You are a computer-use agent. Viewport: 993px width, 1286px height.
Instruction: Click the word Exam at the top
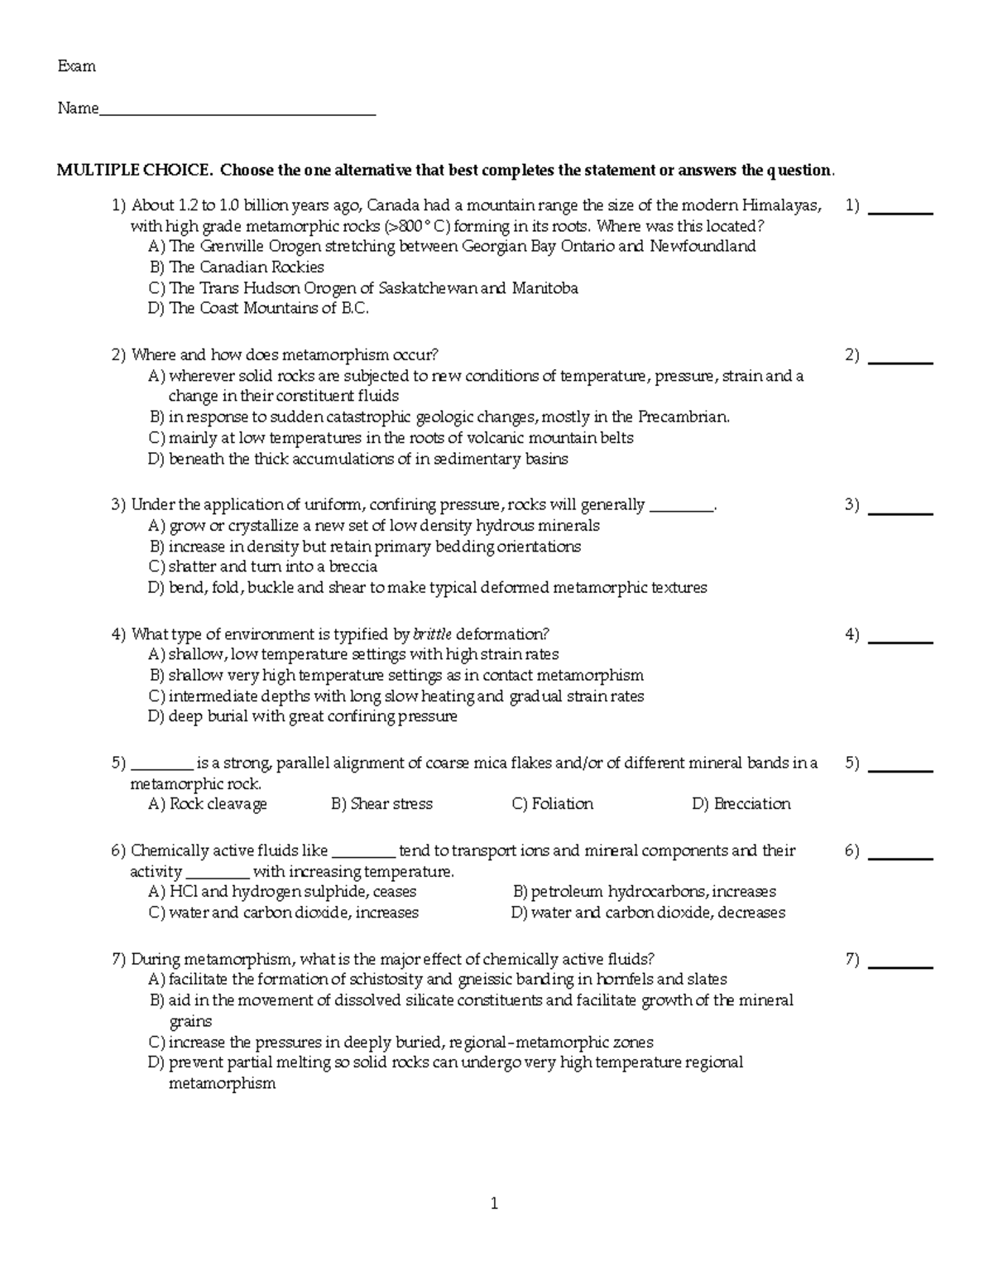coord(76,66)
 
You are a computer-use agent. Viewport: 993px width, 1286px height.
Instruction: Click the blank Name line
coord(237,111)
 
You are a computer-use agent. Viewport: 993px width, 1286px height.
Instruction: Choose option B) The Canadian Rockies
coord(237,267)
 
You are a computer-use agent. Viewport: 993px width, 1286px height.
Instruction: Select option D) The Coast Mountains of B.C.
coord(258,308)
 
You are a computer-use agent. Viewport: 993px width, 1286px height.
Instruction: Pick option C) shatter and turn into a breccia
coord(262,567)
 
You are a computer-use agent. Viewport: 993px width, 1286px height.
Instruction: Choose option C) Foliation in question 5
coord(552,804)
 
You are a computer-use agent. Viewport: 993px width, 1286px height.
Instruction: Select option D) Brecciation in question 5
coord(741,804)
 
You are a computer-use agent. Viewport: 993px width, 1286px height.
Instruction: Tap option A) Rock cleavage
coord(208,804)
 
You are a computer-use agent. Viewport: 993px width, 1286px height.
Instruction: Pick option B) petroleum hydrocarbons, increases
coord(644,892)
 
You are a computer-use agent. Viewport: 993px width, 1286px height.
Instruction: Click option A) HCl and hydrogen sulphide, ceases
coord(282,892)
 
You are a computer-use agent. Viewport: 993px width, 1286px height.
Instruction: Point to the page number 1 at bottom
coord(495,1204)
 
